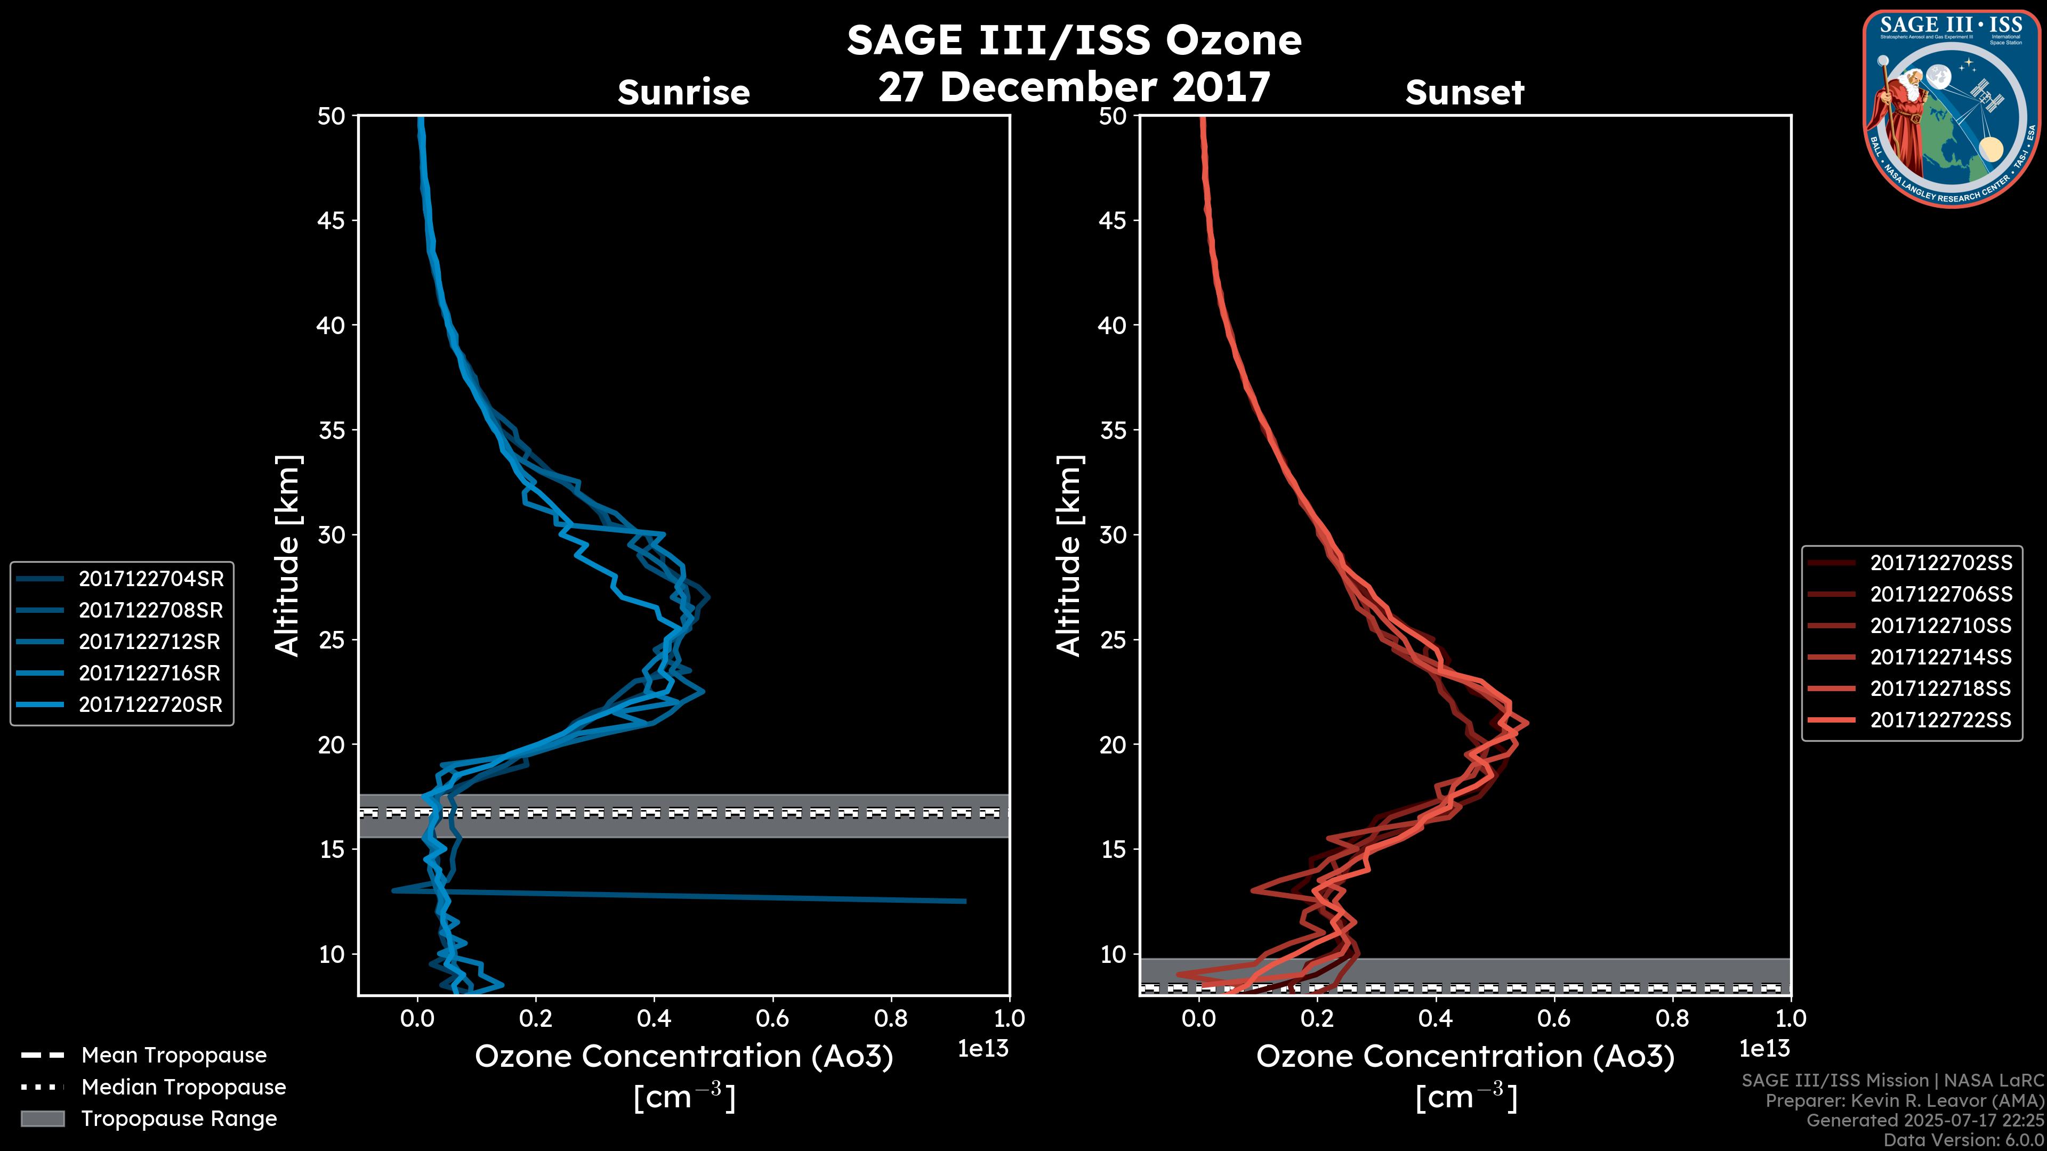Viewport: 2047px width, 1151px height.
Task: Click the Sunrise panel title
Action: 683,93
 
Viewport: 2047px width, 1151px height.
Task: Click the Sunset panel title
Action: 1464,93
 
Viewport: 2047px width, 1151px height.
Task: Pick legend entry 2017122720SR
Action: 150,704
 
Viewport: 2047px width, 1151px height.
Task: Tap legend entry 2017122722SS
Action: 1940,720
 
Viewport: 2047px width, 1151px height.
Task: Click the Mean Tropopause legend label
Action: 174,1056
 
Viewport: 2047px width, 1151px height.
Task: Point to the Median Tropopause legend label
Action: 183,1087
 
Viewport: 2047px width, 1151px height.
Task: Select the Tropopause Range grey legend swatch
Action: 43,1118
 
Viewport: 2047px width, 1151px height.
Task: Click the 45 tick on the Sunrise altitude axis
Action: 332,221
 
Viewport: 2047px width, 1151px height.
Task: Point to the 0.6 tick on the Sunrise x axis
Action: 772,1018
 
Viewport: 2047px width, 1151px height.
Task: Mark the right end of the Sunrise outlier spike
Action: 965,901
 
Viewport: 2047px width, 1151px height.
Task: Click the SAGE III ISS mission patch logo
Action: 1952,109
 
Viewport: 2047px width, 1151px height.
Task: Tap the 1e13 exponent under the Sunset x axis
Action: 1764,1049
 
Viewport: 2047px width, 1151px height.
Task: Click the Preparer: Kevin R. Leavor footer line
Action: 1904,1101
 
